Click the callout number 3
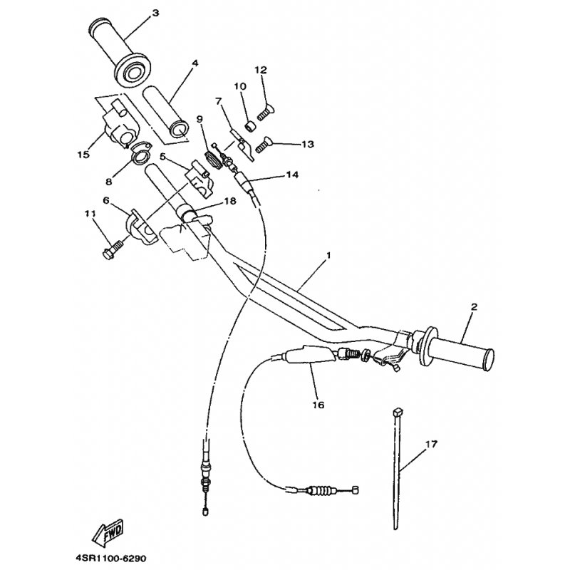155,14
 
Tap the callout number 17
432,444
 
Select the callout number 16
318,405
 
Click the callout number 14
292,175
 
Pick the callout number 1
328,255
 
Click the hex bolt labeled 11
111,249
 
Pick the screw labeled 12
266,110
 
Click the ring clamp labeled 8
141,153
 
